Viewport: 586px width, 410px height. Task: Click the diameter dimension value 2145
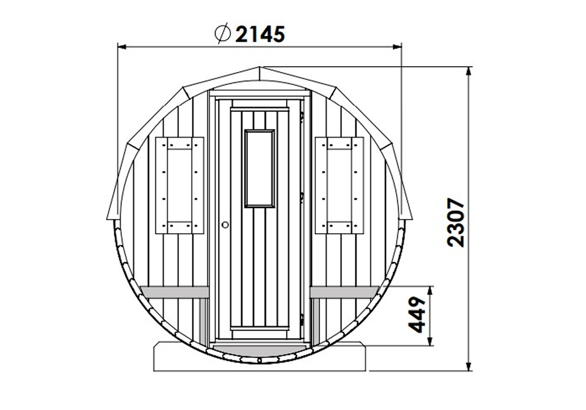260,34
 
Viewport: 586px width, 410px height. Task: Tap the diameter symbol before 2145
222,34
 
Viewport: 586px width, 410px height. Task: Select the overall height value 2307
455,223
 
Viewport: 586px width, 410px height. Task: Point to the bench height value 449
417,315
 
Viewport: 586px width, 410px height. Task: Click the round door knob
224,224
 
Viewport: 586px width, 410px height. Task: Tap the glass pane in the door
259,168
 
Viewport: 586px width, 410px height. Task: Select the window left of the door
179,184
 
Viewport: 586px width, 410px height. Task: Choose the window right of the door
339,184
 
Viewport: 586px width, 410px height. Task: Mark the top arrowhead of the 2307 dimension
469,71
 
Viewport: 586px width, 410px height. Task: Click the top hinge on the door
302,117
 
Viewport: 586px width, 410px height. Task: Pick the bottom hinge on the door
302,320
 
